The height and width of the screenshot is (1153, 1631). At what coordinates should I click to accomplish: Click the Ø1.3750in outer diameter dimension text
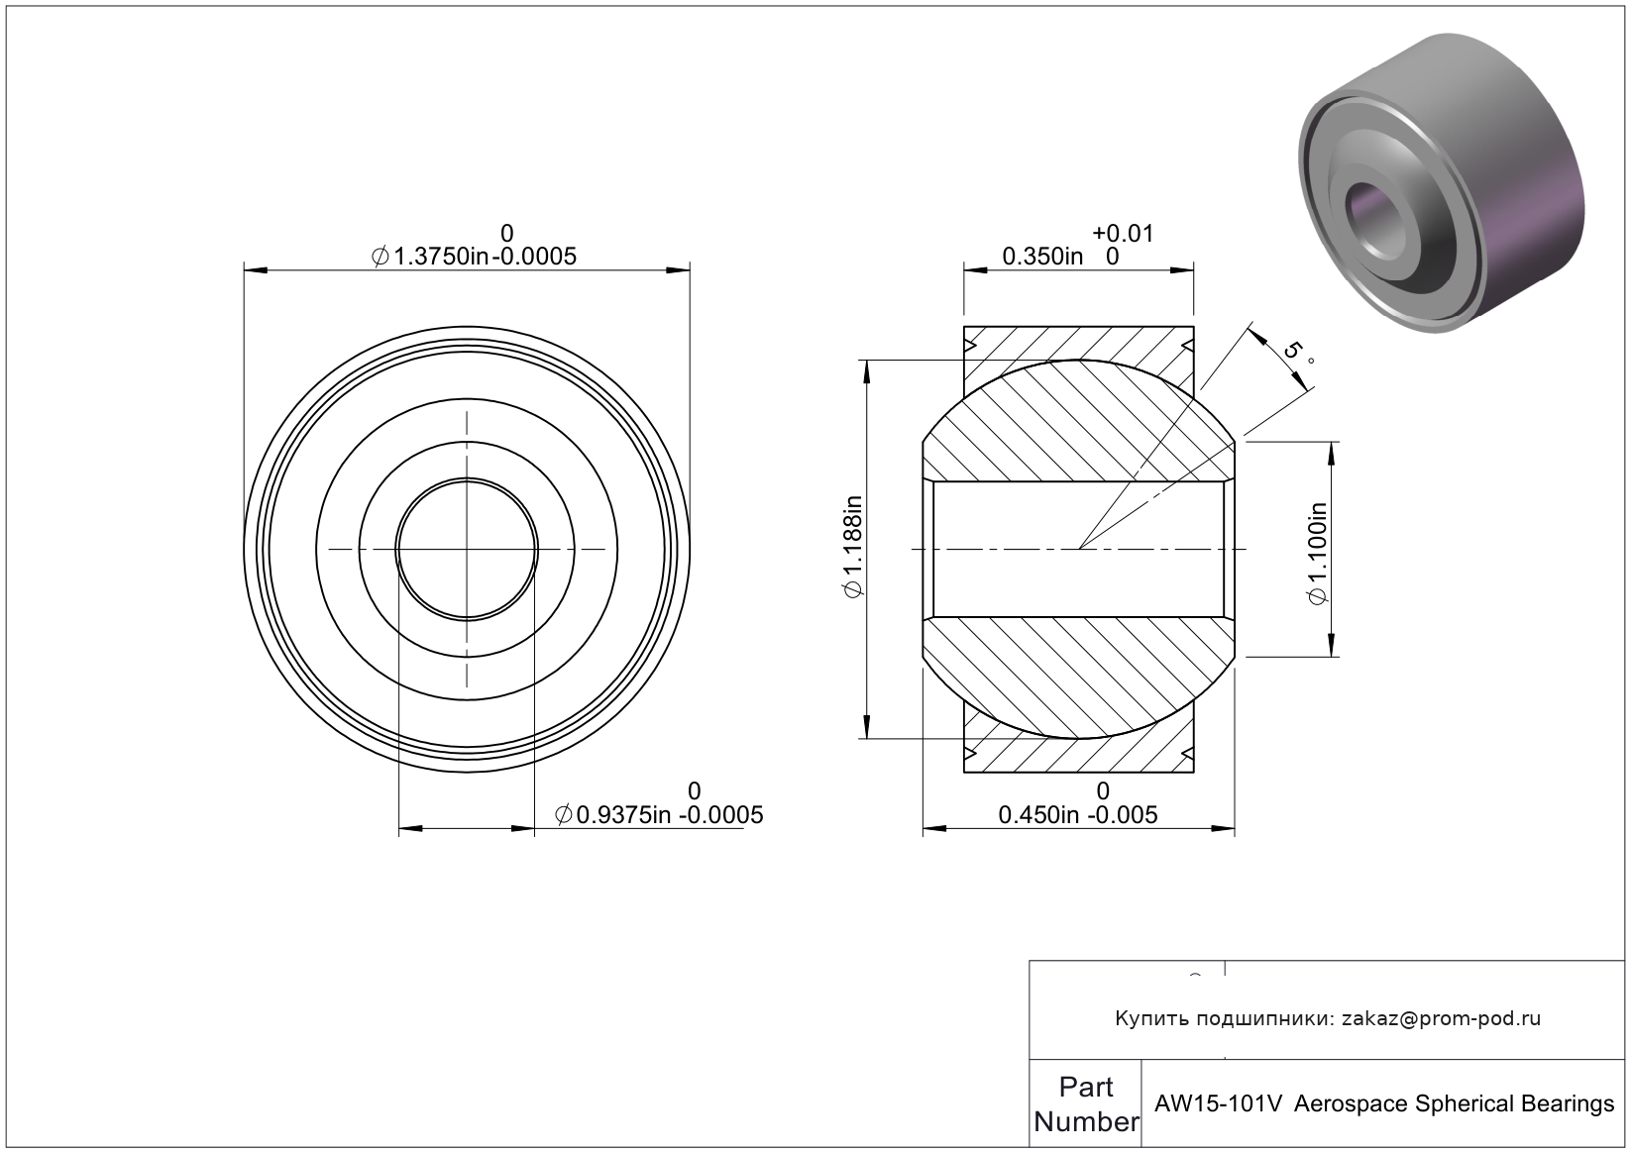click(x=430, y=257)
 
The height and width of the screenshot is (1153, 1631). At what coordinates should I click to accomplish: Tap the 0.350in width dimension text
click(x=1042, y=257)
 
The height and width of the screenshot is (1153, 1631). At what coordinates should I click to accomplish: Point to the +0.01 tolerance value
click(x=1123, y=233)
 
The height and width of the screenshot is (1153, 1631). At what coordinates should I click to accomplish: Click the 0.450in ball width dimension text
click(x=1038, y=814)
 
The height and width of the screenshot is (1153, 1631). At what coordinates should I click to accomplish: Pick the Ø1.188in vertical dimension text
click(x=853, y=547)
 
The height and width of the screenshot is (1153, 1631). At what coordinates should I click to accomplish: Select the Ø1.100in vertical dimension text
click(x=1318, y=553)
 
